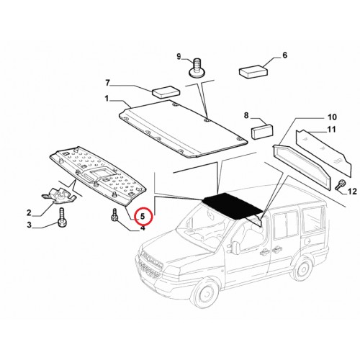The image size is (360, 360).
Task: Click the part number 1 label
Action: pos(107,99)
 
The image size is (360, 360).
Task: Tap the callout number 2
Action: pos(29,212)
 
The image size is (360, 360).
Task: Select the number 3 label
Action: pos(29,225)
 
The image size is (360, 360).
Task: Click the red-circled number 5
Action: pos(143,216)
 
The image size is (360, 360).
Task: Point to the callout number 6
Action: pos(284,55)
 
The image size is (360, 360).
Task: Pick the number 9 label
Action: pos(179,57)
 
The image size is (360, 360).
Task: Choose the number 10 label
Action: pos(333,117)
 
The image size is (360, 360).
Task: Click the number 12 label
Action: pos(352,192)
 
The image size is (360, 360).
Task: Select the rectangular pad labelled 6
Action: pos(253,71)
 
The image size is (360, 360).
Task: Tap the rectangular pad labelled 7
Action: pos(166,91)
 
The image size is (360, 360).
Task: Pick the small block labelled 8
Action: pos(261,132)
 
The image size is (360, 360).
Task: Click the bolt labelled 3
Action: pos(62,217)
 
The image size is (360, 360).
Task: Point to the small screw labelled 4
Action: pos(114,214)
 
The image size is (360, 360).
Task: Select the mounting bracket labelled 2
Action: pos(59,196)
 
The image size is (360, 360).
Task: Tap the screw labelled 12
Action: pos(340,184)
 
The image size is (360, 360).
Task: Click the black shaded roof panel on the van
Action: pos(233,207)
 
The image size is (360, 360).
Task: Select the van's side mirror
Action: pos(235,247)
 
